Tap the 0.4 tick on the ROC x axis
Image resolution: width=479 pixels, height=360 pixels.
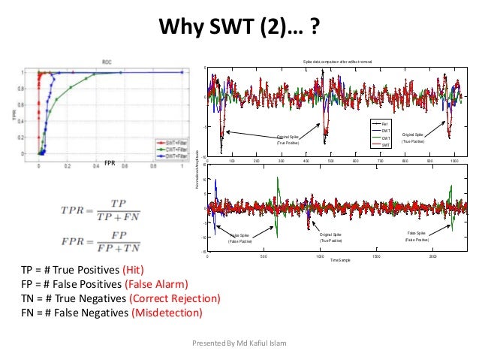[x=96, y=164]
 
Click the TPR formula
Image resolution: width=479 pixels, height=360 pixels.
[x=102, y=209]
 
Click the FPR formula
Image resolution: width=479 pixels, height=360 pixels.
[x=102, y=242]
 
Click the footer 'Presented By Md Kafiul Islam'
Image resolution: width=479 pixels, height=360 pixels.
[x=239, y=343]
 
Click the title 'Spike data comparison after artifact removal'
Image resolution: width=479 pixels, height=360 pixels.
[x=337, y=60]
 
